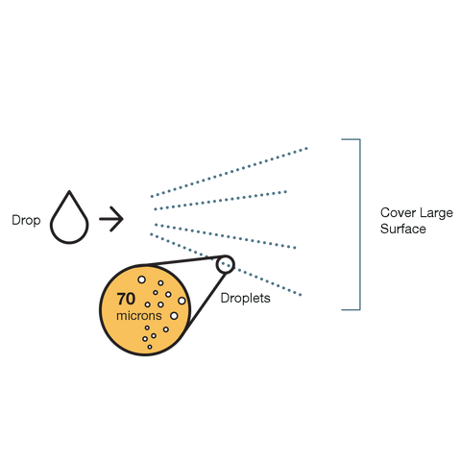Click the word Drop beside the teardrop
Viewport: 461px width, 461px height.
coord(26,221)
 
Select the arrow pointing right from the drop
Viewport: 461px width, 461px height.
coord(111,219)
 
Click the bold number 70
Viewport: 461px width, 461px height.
coord(126,299)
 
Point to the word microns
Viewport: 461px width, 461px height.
coord(139,316)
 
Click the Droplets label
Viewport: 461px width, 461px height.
coord(246,299)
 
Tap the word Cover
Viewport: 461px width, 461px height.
coord(398,212)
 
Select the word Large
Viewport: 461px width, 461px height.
coord(436,213)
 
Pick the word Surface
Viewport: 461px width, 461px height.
coord(403,229)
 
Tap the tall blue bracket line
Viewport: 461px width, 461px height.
coord(360,224)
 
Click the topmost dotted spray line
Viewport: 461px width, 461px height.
coord(229,172)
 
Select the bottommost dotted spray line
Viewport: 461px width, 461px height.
coord(226,264)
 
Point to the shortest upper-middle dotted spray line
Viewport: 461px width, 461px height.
coord(220,201)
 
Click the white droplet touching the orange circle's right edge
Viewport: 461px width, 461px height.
coord(182,301)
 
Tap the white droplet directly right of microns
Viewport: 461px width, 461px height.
coord(174,316)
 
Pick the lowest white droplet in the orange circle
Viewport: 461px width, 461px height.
coord(150,347)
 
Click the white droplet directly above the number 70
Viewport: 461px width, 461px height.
coord(141,279)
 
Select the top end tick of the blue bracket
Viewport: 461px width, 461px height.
coord(351,139)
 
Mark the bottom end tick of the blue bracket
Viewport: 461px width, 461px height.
coord(351,309)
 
